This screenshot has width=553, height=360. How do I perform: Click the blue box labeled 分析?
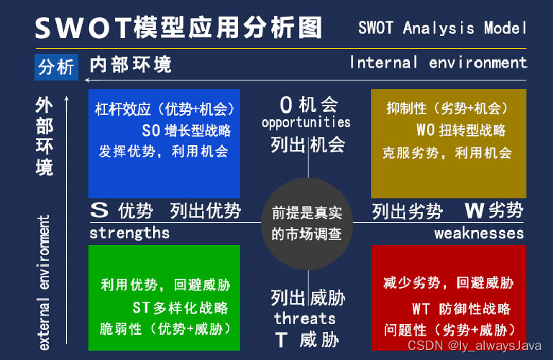click(x=56, y=68)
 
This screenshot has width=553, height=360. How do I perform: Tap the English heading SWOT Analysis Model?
click(x=442, y=28)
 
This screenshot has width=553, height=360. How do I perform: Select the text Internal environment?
click(x=438, y=63)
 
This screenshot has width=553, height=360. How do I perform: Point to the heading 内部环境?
click(x=131, y=65)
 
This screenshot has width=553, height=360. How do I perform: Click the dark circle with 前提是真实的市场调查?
click(x=307, y=223)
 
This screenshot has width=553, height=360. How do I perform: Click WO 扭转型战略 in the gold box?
click(x=461, y=130)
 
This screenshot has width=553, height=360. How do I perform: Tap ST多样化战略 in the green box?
click(x=180, y=308)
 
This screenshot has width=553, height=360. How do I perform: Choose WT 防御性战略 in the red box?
click(x=461, y=308)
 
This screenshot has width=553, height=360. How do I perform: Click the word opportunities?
click(x=306, y=123)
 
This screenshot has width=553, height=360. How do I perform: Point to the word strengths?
click(x=129, y=233)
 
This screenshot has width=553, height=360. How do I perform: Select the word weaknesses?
click(x=479, y=234)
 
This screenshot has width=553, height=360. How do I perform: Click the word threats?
click(x=305, y=318)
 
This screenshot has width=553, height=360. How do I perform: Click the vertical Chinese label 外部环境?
click(x=44, y=137)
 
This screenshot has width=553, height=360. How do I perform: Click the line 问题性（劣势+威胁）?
click(x=450, y=330)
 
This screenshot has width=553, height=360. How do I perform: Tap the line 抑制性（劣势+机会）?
click(x=448, y=109)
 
